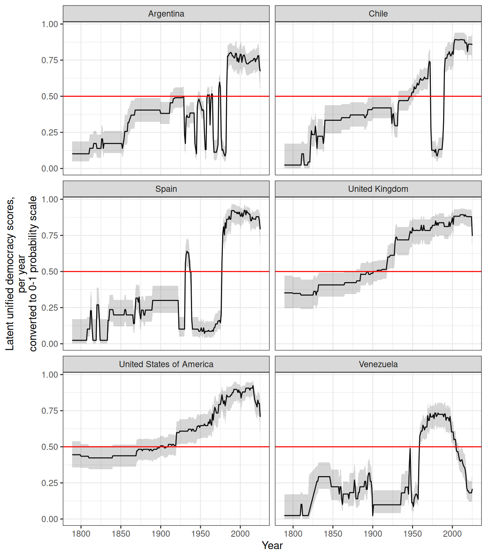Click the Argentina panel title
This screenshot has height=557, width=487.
coord(166,14)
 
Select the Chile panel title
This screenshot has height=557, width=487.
coord(378,14)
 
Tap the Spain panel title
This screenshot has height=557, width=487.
coord(166,189)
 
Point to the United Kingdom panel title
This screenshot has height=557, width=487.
coord(378,189)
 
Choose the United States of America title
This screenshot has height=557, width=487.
coord(166,364)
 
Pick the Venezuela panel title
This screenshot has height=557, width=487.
coord(378,364)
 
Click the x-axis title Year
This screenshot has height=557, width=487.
coord(272,545)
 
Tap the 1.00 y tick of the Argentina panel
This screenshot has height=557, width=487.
coord(50,24)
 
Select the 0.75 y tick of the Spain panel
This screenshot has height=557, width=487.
coord(50,235)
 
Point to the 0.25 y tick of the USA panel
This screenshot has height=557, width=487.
coord(50,483)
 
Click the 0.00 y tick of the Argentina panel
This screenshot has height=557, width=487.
coord(50,169)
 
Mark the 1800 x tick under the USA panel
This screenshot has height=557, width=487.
coord(81,534)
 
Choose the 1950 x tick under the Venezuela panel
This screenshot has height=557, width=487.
coord(412,534)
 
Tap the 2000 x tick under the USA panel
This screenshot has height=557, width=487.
coord(240,534)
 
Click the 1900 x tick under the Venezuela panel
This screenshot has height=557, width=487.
coord(372,534)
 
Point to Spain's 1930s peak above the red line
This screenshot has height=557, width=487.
coord(187,251)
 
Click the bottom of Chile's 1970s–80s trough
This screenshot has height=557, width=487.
coord(437,156)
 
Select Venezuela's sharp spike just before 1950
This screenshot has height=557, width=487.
coord(410,449)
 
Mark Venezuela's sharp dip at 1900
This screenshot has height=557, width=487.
coord(372,515)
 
